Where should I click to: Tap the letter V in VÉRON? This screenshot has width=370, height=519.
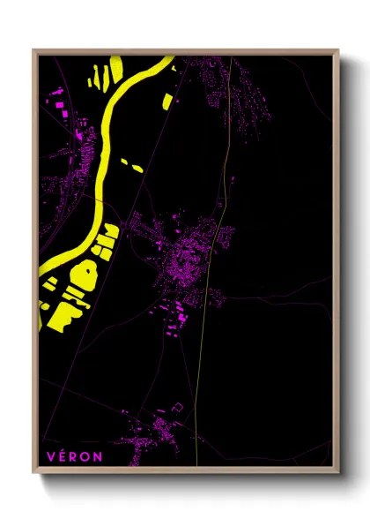(x=51, y=456)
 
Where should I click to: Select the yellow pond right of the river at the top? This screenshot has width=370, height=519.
(x=167, y=99)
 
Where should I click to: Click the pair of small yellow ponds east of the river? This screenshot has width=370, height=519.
(x=131, y=165)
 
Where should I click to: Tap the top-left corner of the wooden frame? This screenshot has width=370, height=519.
(x=34, y=51)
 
